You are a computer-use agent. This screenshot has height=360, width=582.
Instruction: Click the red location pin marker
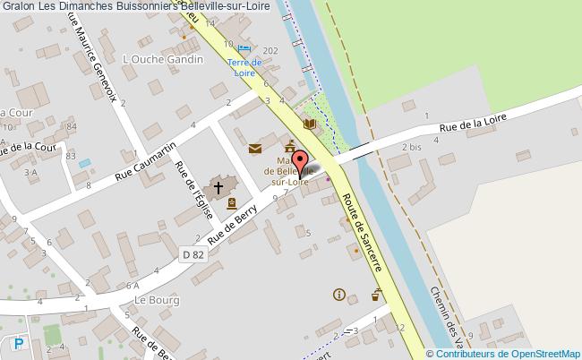coord(300,167)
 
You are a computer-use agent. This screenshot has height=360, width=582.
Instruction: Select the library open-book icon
coord(310,124)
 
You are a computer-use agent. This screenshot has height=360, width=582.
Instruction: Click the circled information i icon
coord(338,294)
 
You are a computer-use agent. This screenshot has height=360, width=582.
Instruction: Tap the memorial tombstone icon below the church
coord(232,203)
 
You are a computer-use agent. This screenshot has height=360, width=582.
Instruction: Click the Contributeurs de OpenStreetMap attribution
coord(509,352)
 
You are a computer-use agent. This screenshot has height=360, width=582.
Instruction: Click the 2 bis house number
coord(411,146)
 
